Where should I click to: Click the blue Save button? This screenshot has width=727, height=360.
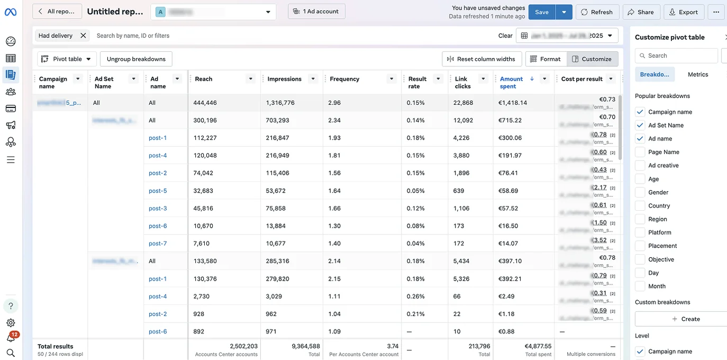(541, 12)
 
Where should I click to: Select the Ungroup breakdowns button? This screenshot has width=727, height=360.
(136, 59)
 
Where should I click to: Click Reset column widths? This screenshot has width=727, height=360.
(481, 59)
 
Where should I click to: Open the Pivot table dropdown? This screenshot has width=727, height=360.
(67, 59)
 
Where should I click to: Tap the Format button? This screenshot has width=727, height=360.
(546, 59)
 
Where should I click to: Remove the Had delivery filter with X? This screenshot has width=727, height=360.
(83, 35)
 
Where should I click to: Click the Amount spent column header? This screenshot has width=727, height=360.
(511, 82)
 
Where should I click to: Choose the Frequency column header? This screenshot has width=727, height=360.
(344, 79)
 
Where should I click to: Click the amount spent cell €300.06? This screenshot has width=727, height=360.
(510, 138)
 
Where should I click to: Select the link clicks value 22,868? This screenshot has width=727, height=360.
(463, 103)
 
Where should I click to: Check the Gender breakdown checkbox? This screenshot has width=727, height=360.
(640, 192)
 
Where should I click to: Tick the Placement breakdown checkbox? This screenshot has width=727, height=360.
(640, 246)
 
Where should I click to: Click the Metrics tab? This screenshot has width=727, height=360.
(697, 75)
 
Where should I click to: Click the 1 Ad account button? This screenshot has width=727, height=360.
(316, 12)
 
